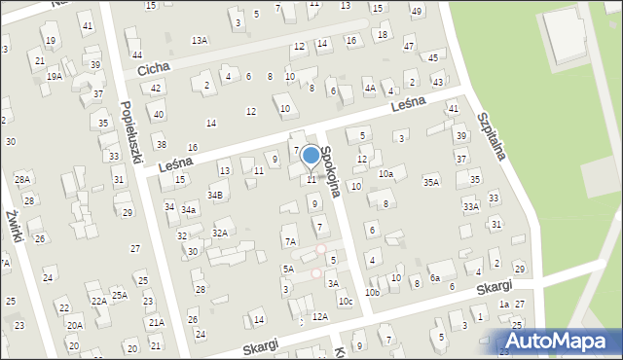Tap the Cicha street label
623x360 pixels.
coord(154,70)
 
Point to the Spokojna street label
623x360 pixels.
coord(331,171)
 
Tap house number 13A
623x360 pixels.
coord(200,40)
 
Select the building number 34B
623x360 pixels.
coord(215,195)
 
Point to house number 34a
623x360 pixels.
coord(189,209)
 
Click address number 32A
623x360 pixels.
coord(220,233)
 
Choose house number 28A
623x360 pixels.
coord(22,179)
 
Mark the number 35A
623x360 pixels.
coord(431,181)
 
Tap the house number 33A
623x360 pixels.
coord(471,206)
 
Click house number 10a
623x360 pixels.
coord(385,173)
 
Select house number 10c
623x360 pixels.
coord(345,303)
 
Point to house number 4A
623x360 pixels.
coord(370,88)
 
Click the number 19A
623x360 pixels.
coord(55,76)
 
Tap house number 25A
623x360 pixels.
coord(119,295)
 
